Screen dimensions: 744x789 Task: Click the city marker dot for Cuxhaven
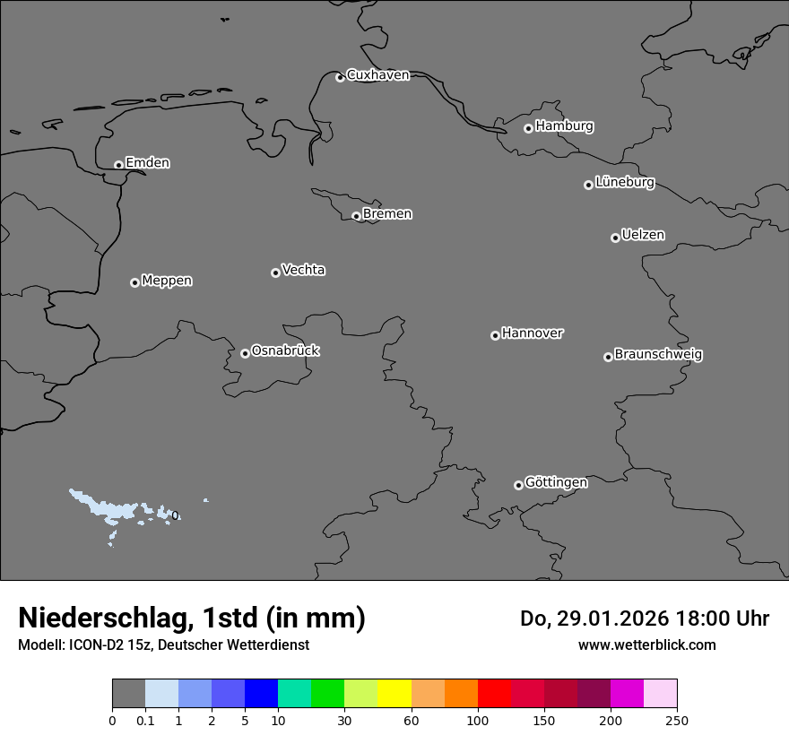coord(340,77)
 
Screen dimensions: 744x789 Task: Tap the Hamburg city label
coord(564,126)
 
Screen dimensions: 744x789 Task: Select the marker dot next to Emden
coord(118,165)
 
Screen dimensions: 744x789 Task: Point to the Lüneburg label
coord(624,183)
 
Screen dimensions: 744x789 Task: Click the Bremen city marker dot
coord(356,216)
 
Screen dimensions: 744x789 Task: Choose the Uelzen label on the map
coord(643,236)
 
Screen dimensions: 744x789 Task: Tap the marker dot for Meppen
coord(134,282)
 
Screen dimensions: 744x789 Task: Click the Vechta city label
coord(303,270)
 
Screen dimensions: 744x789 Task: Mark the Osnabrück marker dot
coord(245,353)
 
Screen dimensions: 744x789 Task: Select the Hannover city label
coord(532,333)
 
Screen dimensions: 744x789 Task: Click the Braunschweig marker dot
coord(608,357)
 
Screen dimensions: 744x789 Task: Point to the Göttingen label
coord(556,483)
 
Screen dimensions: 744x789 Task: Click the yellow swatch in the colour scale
coord(394,694)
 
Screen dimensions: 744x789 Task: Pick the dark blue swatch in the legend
coord(261,694)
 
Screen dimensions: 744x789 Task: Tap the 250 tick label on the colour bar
coord(677,720)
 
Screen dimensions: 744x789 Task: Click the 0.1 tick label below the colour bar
coord(145,720)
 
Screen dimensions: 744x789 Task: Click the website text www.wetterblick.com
coord(646,645)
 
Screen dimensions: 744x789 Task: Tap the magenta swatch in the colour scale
coord(627,694)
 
